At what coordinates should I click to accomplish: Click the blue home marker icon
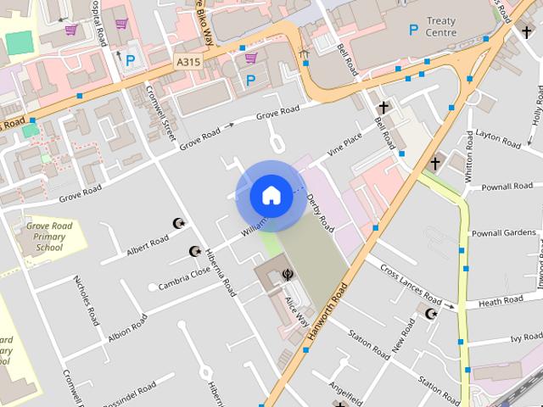[x=271, y=196]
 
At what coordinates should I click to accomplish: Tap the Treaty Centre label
[x=441, y=27]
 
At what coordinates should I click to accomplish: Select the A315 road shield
[x=188, y=63]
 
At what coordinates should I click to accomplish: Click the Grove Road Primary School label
[x=49, y=237]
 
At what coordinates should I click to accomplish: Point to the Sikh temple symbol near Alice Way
[x=288, y=275]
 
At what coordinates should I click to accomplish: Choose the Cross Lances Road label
[x=411, y=286]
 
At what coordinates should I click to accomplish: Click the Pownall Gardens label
[x=504, y=233]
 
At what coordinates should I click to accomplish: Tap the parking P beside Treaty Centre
[x=413, y=31]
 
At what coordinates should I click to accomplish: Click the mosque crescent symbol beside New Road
[x=430, y=314]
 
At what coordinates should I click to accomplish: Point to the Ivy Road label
[x=526, y=337]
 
